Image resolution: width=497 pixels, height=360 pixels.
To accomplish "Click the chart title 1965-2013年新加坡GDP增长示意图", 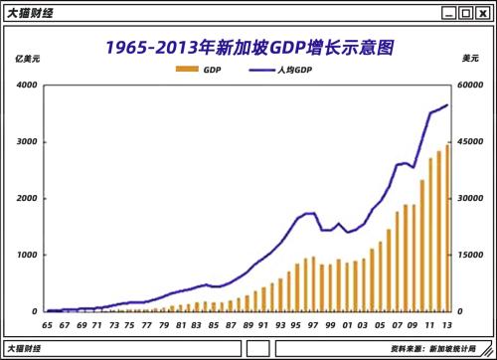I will pos(248,48).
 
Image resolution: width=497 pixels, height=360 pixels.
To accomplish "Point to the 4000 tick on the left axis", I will pos(26,86).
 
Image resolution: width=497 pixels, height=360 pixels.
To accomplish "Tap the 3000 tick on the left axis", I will pos(26,142).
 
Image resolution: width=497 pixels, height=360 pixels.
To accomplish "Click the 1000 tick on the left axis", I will pos(26,255).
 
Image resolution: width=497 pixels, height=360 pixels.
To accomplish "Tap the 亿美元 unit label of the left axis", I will pos(29,60).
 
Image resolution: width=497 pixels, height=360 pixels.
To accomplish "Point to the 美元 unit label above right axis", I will pos(470,60).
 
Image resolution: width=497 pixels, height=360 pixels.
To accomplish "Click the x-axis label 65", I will pos(47,325).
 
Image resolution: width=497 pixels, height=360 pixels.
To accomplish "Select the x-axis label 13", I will pos(448,325).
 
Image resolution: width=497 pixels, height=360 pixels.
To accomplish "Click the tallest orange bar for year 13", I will pos(447,229).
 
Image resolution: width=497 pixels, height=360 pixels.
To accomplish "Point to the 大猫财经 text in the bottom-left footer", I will pos(27,349).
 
